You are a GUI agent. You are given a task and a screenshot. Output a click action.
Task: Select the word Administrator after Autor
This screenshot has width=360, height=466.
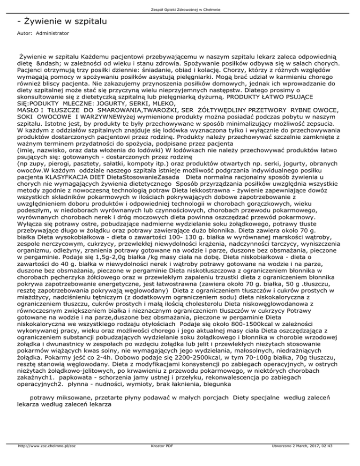52,34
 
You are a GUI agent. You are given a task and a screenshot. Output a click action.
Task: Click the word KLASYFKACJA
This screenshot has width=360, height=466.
67,165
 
